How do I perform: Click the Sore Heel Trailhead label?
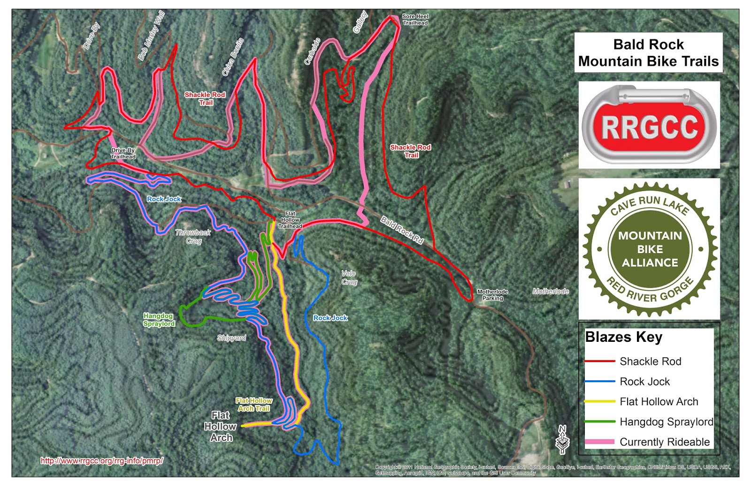pos(415,19)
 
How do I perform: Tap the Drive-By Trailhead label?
pos(123,154)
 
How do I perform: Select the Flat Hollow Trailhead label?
pos(290,220)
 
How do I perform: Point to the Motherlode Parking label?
pos(492,295)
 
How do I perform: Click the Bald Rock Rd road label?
pos(402,230)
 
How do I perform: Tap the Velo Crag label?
pos(349,278)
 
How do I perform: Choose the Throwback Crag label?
pos(193,237)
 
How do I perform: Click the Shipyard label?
pos(231,338)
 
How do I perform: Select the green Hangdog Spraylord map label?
pos(159,320)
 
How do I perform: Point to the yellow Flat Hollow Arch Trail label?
pos(254,404)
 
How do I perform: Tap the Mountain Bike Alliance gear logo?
pos(650,249)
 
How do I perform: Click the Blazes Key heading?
pos(623,337)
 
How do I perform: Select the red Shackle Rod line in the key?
pos(599,361)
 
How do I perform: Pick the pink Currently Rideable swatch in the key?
pos(599,442)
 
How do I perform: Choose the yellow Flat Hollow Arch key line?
pos(599,401)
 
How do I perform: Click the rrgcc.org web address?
pos(102,461)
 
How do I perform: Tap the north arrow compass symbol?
pos(562,440)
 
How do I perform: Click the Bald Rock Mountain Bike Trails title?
pos(648,53)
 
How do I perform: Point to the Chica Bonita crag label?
pos(233,57)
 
